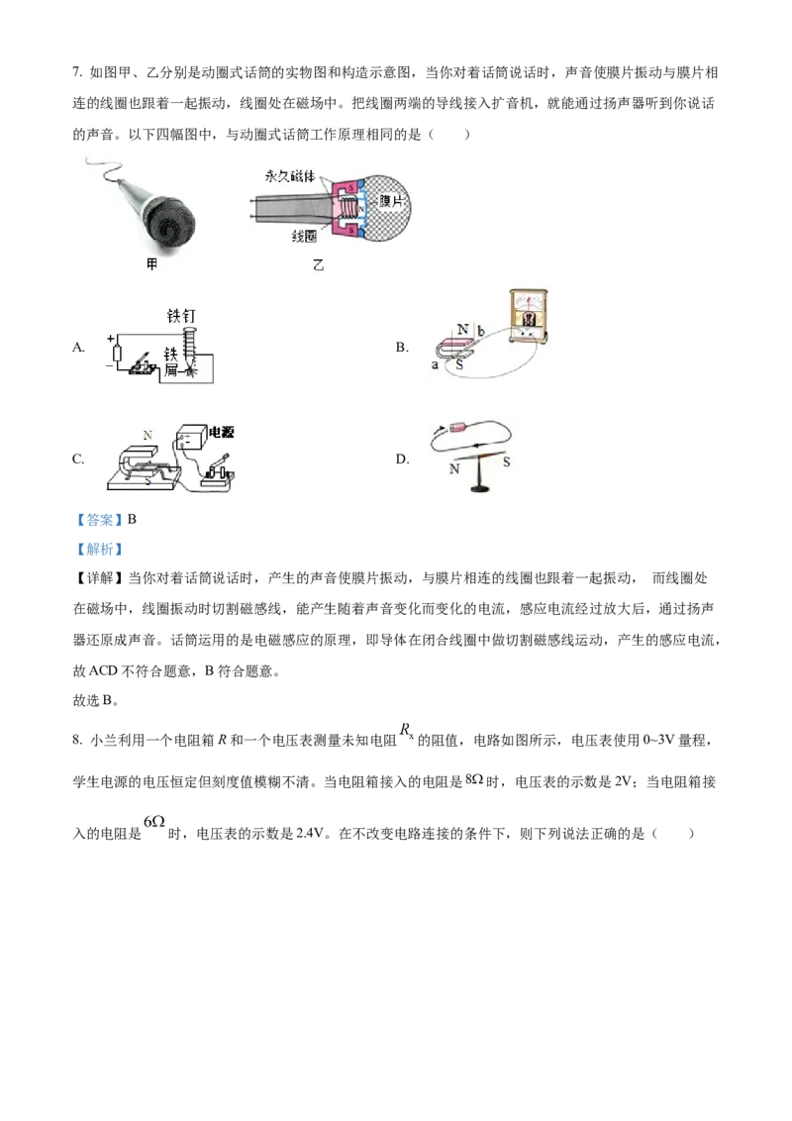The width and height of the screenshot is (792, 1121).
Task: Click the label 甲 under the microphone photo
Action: coord(151,265)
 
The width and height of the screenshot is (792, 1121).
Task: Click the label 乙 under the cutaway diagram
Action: coord(318,265)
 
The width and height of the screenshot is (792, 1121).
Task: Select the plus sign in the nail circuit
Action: coord(111,338)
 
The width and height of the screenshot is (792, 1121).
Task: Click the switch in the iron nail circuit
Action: coord(143,363)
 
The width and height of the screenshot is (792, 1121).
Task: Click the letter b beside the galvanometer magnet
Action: coord(481,329)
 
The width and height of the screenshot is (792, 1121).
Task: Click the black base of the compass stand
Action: coord(481,490)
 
